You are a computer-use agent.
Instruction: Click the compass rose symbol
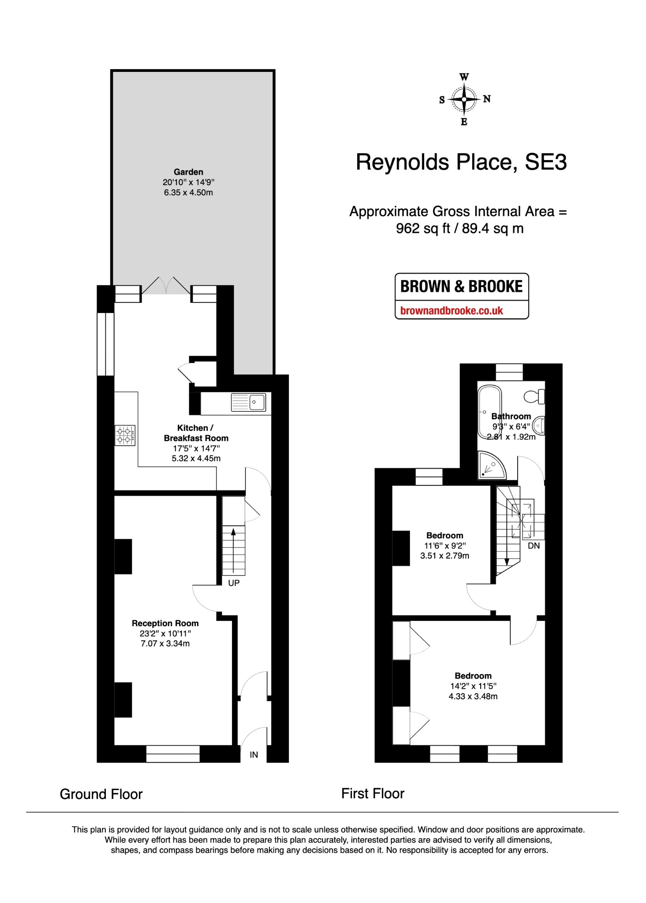coord(464,99)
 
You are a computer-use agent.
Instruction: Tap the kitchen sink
coord(248,402)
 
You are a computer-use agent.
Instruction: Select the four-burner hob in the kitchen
coord(125,436)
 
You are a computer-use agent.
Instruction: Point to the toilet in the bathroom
coord(534,396)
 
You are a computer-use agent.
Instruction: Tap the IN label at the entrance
coord(254,755)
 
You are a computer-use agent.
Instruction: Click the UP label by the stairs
coord(234,583)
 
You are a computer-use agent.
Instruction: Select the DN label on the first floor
coord(534,546)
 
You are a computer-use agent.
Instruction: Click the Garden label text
coord(188,172)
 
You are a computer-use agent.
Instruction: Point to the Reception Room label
coord(165,623)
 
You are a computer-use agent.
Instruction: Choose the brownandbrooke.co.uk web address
coord(452,310)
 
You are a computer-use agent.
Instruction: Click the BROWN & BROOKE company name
coord(461,287)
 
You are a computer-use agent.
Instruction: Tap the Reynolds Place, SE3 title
coord(461,162)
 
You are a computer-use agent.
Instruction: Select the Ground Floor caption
coord(101,794)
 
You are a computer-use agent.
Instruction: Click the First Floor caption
coord(373,794)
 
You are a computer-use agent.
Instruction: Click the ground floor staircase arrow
coord(233,549)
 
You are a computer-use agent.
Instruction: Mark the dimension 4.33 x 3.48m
coord(473,696)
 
